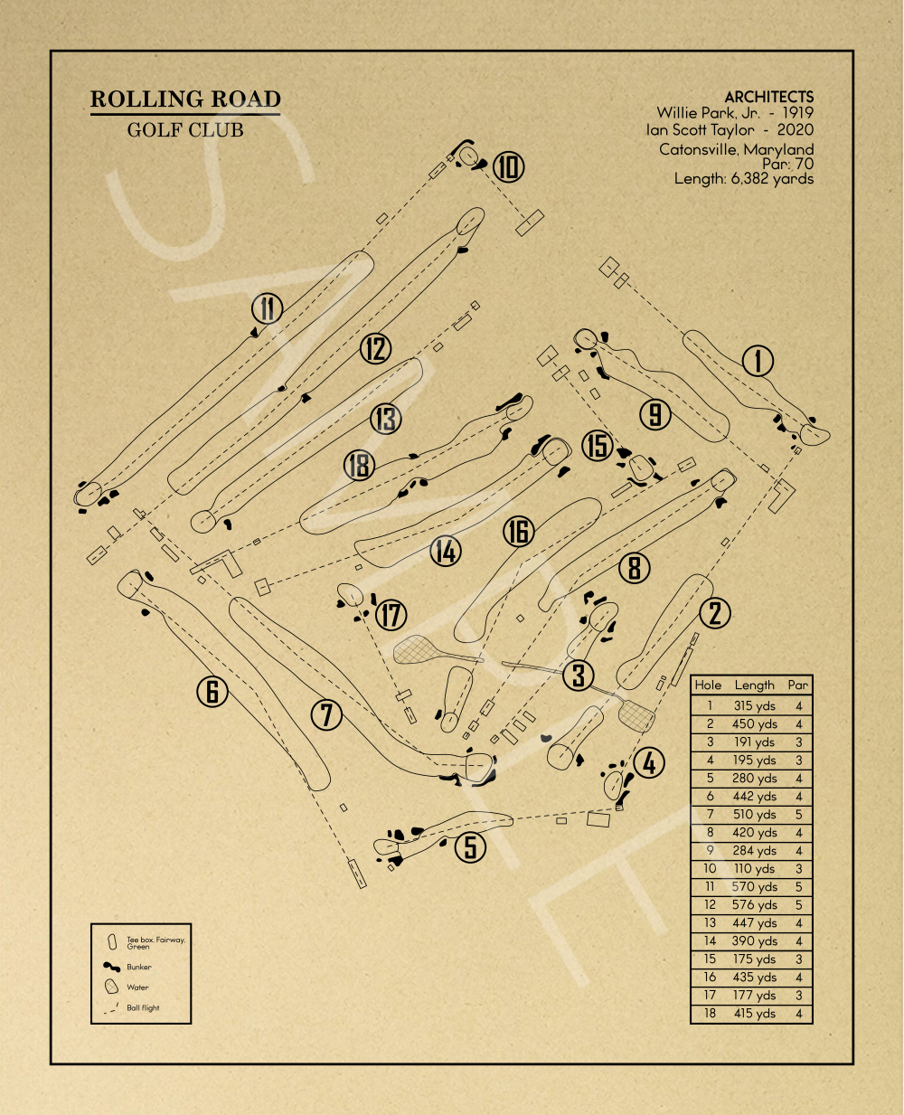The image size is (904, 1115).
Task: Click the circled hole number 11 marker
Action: click(x=267, y=309)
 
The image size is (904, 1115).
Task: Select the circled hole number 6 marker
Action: click(x=212, y=692)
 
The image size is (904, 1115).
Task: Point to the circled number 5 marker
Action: click(x=470, y=847)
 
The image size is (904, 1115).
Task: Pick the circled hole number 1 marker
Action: click(x=758, y=362)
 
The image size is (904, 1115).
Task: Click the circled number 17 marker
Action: click(x=391, y=616)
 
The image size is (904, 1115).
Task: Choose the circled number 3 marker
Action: click(x=579, y=675)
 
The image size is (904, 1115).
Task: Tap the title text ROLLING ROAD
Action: click(x=185, y=99)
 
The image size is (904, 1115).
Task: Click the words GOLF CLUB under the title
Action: click(x=185, y=130)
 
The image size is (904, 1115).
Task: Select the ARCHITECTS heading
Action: click(x=768, y=97)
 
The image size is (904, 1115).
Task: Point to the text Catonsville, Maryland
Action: click(x=736, y=149)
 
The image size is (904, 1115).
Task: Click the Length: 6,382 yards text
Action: click(x=743, y=179)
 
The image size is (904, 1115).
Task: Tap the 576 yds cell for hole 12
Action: click(x=755, y=905)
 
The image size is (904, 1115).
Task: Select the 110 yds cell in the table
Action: click(x=755, y=869)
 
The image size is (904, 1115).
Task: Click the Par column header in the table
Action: click(x=797, y=685)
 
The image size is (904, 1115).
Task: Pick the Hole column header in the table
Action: click(x=708, y=685)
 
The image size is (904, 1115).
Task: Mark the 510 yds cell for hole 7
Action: click(x=755, y=815)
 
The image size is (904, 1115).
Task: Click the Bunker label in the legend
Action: click(x=139, y=967)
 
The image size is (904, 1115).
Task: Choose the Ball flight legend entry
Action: click(x=143, y=1007)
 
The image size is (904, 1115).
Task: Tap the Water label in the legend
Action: click(x=137, y=987)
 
